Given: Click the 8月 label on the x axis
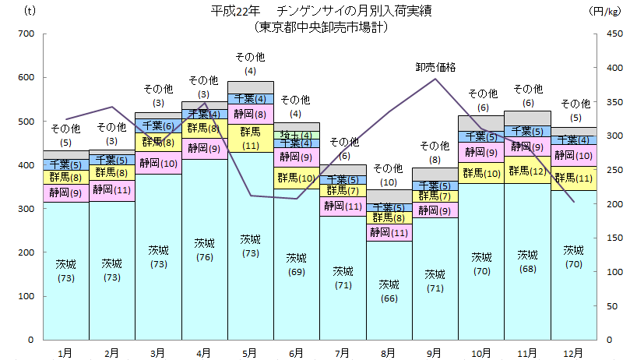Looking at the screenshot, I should click(x=389, y=353).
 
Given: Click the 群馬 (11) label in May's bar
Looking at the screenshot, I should click(x=250, y=138).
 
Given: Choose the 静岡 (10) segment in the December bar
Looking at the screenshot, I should click(x=574, y=155).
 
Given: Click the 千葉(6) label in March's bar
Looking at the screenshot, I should click(x=158, y=125).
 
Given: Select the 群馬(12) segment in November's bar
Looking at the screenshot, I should click(x=527, y=170).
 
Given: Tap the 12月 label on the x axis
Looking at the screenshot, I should click(x=574, y=353).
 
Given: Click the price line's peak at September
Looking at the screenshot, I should click(x=435, y=79).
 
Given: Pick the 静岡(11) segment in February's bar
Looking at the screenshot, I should click(x=112, y=189).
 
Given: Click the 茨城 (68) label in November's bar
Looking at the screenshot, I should click(x=527, y=261).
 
